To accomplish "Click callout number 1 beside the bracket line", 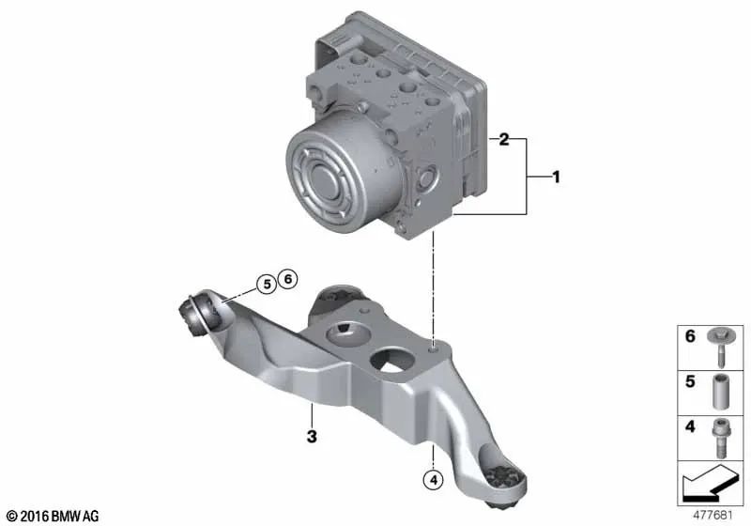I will (556, 176).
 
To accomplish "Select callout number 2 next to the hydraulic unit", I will (504, 141).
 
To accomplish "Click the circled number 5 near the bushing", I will (267, 282).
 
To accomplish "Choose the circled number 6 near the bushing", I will (288, 279).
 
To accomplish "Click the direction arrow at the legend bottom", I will (712, 486).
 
